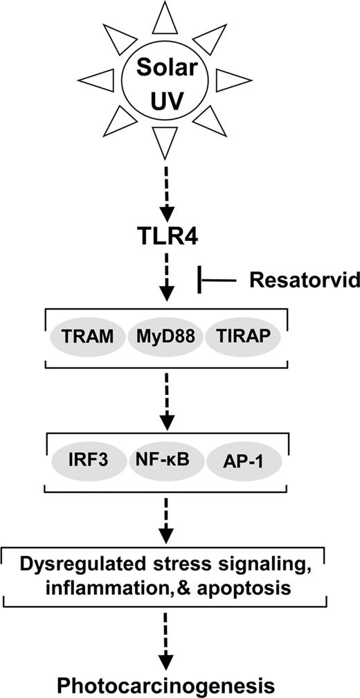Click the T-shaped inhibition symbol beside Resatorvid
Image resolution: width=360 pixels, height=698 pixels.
[x=215, y=280]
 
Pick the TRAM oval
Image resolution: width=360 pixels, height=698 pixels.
[x=86, y=338]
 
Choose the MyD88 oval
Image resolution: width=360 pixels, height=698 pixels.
[x=166, y=338]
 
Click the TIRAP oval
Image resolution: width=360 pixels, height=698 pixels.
[x=246, y=338]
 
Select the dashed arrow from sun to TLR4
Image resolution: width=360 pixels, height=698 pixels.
[x=167, y=190]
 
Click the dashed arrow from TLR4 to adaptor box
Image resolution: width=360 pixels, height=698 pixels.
[x=167, y=280]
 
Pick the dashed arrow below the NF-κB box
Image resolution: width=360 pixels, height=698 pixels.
[x=167, y=519]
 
